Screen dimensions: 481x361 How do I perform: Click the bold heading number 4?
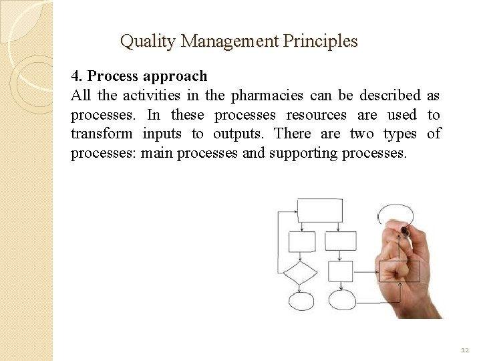click(x=76, y=76)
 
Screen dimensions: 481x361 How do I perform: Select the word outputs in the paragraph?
click(x=238, y=134)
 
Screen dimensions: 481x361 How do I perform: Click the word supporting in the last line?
click(x=303, y=153)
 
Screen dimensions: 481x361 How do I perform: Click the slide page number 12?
click(x=464, y=350)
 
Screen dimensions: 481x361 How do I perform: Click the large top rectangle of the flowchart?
click(x=319, y=210)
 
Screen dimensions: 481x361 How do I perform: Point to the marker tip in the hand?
click(x=404, y=231)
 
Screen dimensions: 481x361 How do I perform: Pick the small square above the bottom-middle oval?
click(x=341, y=271)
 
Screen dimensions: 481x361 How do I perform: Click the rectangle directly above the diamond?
click(x=301, y=241)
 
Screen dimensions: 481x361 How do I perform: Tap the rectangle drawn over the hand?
click(x=399, y=271)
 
